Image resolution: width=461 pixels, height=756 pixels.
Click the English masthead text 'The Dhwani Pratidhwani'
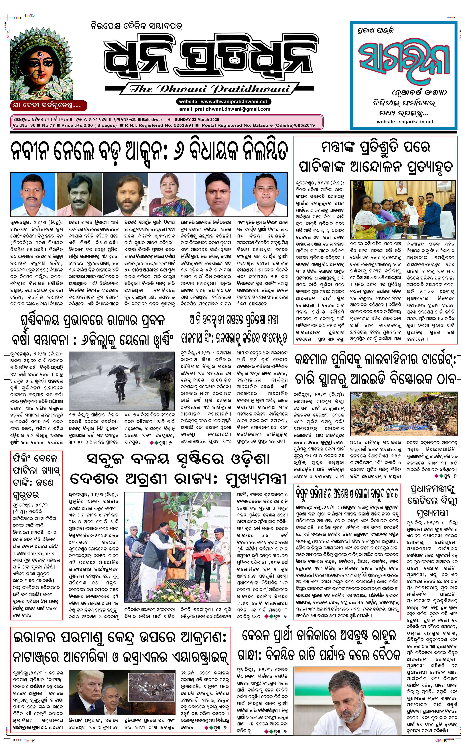(x=209, y=89)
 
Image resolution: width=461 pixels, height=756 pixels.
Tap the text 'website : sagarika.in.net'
(x=405, y=121)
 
